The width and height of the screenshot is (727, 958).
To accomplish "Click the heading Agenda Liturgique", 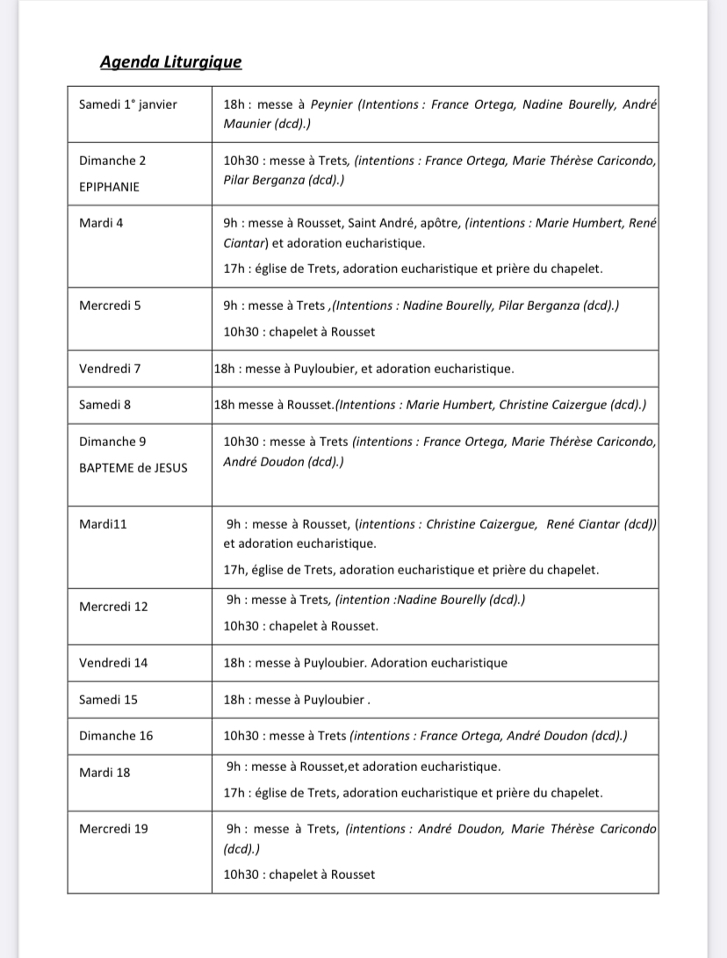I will [170, 61].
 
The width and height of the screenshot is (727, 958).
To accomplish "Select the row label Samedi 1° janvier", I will [128, 104].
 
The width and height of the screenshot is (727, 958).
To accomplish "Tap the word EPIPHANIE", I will [109, 187].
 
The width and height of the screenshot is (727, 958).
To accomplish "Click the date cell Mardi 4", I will [101, 223].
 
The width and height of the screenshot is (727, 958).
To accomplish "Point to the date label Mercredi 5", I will [110, 306].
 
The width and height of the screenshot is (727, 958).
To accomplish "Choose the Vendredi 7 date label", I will [110, 369].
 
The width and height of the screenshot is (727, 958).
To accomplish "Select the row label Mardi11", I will [104, 524].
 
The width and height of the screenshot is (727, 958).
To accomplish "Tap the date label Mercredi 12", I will [113, 607].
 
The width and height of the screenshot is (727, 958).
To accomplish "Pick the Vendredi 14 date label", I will [113, 663].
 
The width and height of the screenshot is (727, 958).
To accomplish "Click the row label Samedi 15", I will [108, 700].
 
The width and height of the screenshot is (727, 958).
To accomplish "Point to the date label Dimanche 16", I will [116, 736].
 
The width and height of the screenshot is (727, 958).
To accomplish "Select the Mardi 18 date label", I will [104, 773].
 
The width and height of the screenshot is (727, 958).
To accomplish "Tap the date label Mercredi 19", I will [113, 829].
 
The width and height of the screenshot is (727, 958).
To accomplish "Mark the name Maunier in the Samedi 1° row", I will [248, 125].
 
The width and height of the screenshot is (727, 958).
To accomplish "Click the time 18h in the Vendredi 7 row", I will [224, 370].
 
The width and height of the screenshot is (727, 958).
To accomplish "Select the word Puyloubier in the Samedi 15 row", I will [332, 700].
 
